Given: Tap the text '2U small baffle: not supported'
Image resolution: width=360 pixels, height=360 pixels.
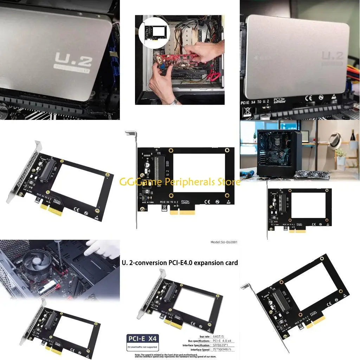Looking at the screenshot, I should coord(142,347).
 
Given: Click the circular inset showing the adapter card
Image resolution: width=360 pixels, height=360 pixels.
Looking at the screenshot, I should coord(154,33).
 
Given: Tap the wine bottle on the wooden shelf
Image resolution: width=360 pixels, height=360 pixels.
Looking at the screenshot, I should coord(352,135).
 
